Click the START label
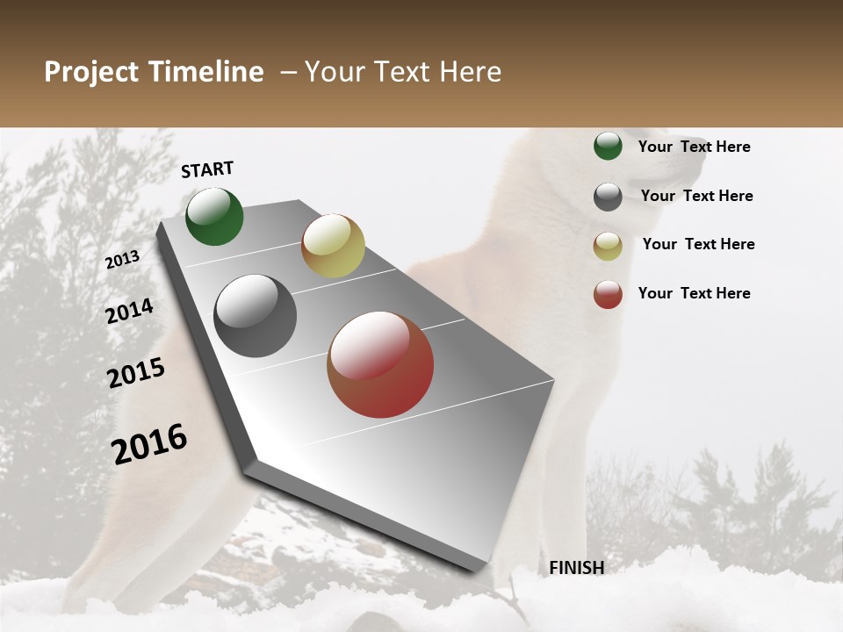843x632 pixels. point(207,169)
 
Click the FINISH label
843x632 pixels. point(576,568)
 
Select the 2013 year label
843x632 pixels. point(123,259)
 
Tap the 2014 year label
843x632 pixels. point(129,312)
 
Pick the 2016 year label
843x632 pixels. point(149,443)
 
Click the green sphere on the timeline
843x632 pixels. point(214,217)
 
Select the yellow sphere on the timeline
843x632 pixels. point(333,246)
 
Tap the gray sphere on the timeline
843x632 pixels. point(256,316)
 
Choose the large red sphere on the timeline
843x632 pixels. point(380,364)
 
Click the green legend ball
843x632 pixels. point(608,147)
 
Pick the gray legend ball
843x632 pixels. point(608,197)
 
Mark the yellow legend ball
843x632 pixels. point(608,246)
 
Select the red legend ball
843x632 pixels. point(608,294)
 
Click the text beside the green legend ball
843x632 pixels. point(694,147)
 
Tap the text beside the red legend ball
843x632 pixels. point(694,293)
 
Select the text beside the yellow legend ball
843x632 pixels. point(698,244)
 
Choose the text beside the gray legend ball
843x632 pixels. point(696,196)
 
